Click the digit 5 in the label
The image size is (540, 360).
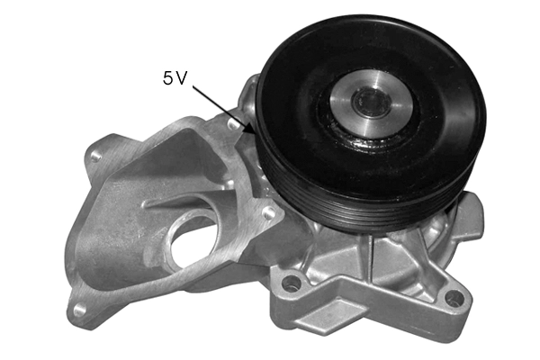pyautogui.click(x=168, y=78)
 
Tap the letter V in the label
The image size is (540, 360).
pyautogui.click(x=181, y=78)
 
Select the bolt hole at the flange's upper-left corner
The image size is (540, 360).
pyautogui.click(x=96, y=157)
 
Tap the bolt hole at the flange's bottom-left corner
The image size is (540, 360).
pyautogui.click(x=81, y=309)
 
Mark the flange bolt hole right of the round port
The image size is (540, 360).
pyautogui.click(x=267, y=213)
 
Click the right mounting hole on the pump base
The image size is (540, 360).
pyautogui.click(x=454, y=297)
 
